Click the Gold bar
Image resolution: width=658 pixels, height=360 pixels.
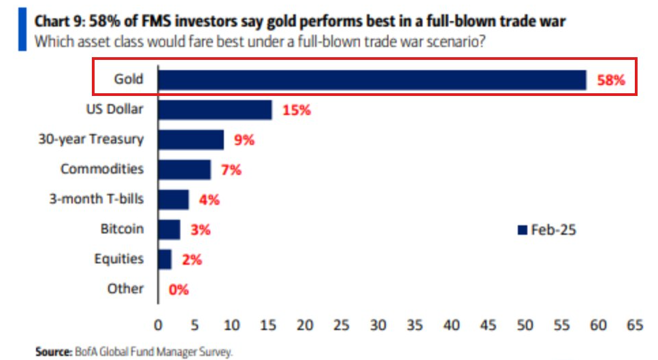[372, 80]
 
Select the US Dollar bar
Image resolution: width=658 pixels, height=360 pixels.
[215, 110]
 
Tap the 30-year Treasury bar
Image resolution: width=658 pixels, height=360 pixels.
[191, 140]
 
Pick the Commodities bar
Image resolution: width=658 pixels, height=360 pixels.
[184, 169]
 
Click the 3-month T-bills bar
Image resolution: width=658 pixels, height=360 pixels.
[174, 199]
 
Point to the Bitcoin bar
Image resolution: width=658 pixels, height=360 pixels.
[169, 229]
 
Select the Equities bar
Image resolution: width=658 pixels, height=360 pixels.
[165, 259]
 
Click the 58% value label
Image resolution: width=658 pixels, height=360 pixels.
[610, 80]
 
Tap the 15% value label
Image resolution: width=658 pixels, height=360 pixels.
[297, 110]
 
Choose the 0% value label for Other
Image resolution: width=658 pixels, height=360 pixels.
[178, 290]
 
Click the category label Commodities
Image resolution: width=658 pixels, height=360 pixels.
[102, 169]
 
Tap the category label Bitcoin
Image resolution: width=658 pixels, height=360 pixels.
[122, 229]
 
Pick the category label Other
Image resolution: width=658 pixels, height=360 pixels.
[125, 289]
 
